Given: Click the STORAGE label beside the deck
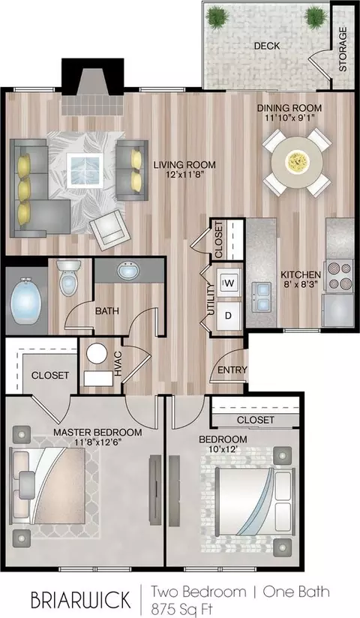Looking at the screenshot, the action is [343, 49].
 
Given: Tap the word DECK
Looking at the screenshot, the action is [267, 46].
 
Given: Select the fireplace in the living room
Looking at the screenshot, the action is [93, 87].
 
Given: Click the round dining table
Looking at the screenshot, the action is [297, 161].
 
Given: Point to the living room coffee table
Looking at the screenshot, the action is [85, 171].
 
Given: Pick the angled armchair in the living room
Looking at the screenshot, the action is [110, 229].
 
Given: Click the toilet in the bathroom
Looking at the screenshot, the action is [68, 277].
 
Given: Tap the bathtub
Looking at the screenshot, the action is [26, 300].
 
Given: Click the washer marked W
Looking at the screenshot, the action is [230, 282].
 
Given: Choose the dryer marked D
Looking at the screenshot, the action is [228, 315].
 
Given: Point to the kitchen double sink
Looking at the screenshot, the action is [262, 297].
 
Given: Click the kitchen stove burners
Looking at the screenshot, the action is [339, 275].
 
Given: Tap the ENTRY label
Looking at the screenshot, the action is [232, 370].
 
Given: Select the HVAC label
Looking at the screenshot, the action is [118, 364].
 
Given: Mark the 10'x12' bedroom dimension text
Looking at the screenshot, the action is [225, 448].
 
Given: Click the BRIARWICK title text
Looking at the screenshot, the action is [80, 600].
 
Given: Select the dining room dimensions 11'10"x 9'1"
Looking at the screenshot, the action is [289, 118].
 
